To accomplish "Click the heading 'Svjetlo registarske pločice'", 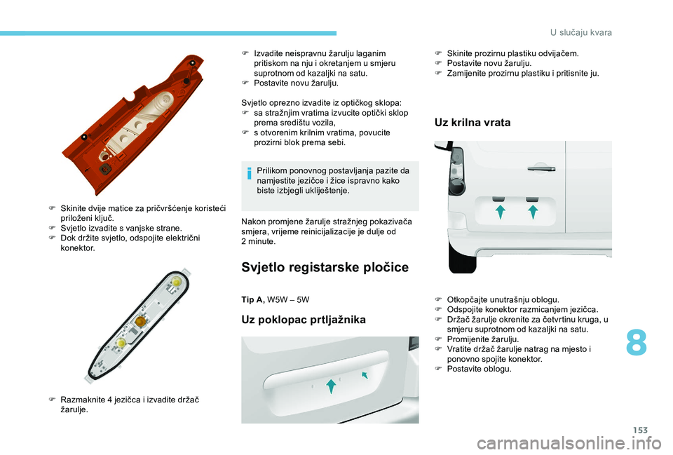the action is coord(325,267).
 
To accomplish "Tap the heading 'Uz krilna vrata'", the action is coord(473,122).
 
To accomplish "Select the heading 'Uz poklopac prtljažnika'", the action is coord(304,320).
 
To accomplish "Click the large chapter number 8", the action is coord(636,343).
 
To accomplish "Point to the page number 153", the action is coord(640,430).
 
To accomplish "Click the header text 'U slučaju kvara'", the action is coord(581,33).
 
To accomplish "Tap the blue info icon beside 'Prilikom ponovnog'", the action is coord(250,174).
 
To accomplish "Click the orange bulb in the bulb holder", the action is coord(140,321).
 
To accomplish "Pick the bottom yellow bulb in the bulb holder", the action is coord(121,342).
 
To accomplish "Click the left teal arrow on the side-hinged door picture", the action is coord(500,212).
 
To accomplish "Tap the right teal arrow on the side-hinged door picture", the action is coord(533,212).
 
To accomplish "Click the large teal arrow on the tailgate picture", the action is coord(331,386).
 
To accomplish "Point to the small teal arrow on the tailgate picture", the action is coord(365,375).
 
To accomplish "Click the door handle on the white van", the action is coord(541,168).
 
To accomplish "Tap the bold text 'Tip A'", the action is coord(253,299).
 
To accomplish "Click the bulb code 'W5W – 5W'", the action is coord(288,299).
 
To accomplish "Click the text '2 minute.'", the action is coord(259,241).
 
